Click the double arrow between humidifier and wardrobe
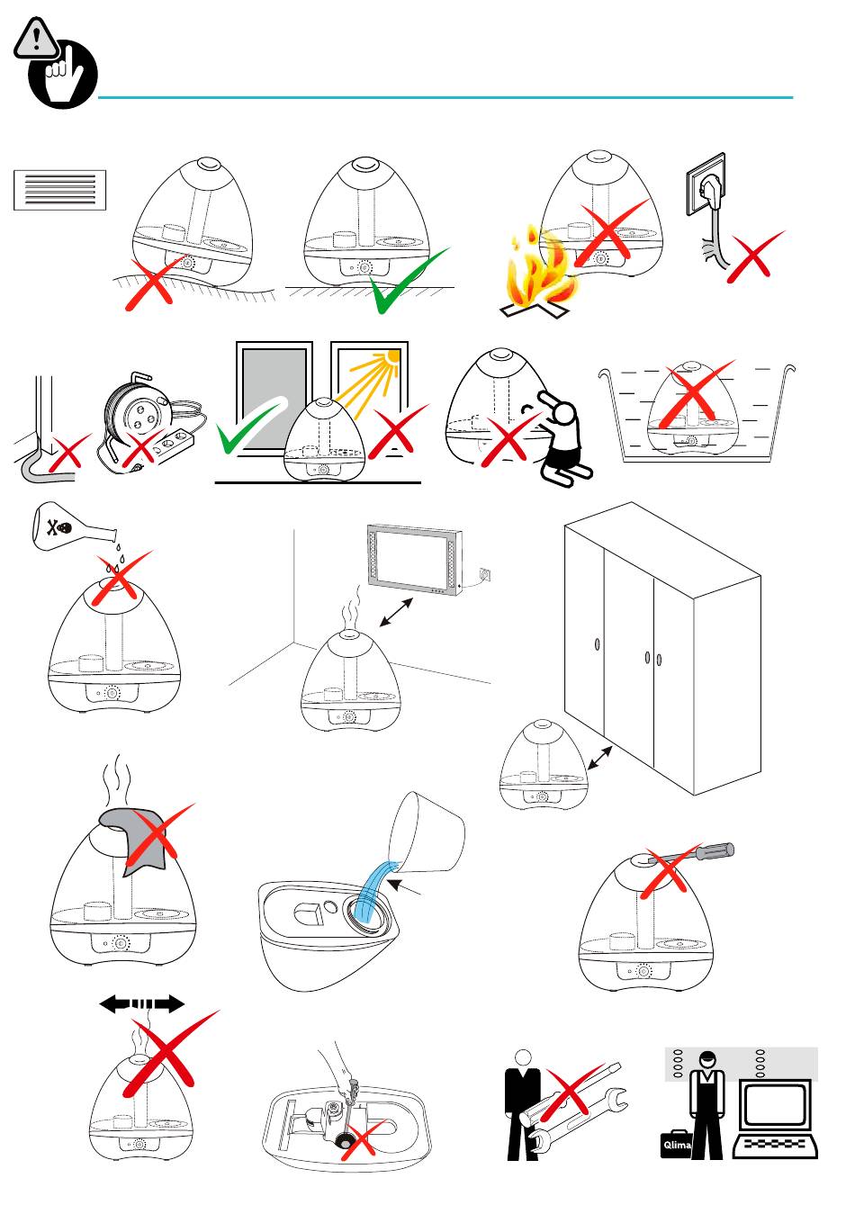pyautogui.click(x=599, y=759)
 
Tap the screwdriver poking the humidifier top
pyautogui.click(x=703, y=852)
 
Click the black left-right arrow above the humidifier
pyautogui.click(x=142, y=1004)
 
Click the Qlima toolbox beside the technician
pyautogui.click(x=676, y=1144)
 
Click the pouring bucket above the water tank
pyautogui.click(x=427, y=833)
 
